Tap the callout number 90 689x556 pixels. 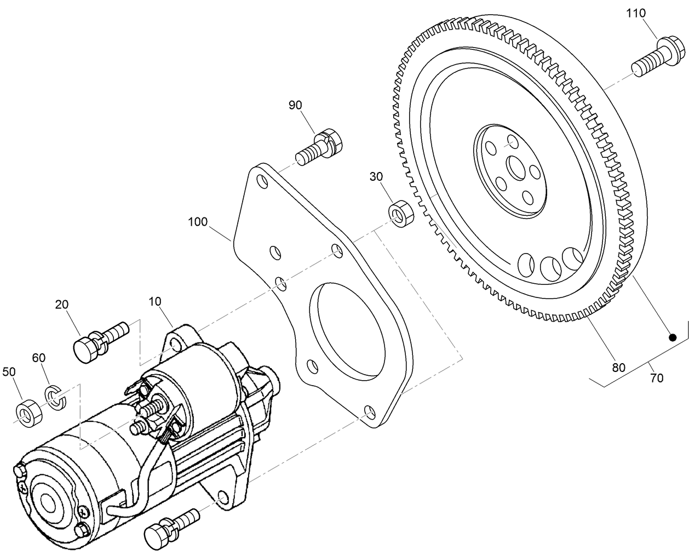(x=295, y=105)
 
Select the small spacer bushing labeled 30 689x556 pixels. (x=399, y=213)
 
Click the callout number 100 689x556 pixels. (x=198, y=222)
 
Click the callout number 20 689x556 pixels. (x=62, y=305)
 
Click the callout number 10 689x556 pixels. (x=156, y=301)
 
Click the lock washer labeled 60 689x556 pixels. (x=55, y=397)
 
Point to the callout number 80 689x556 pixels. (x=618, y=368)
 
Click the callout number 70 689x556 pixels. (x=656, y=377)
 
